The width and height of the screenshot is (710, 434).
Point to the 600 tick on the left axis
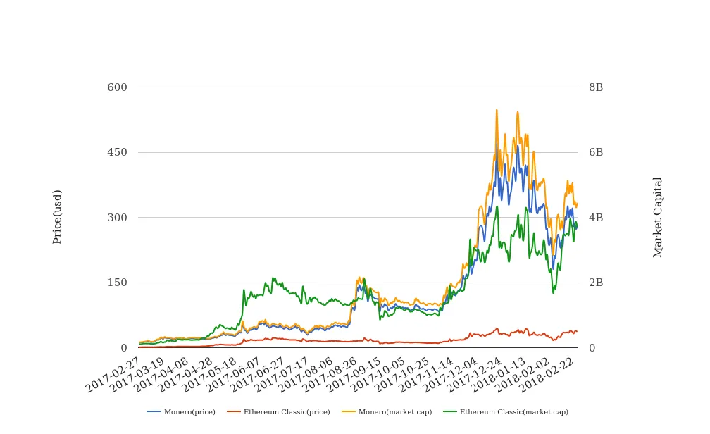point(117,87)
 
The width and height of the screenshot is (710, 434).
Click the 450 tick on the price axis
point(117,152)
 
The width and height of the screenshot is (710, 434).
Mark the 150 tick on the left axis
point(117,283)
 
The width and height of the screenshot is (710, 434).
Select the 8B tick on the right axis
point(596,87)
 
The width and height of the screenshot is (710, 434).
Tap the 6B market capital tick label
point(596,152)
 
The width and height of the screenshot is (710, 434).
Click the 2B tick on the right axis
point(596,283)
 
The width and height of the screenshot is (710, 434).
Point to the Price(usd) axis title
point(58,216)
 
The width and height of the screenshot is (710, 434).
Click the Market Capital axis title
point(658,217)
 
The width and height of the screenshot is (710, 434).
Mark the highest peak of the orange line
point(497,110)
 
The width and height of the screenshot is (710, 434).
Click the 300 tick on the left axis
point(117,218)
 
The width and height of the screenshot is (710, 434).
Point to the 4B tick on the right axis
point(596,218)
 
